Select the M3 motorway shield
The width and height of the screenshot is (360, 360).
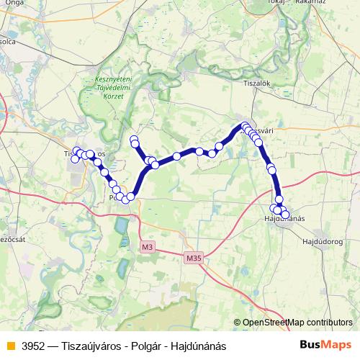148,247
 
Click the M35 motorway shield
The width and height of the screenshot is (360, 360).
194,257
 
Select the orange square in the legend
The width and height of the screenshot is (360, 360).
9,346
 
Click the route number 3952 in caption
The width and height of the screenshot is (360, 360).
34,346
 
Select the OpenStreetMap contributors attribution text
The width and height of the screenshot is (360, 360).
297,323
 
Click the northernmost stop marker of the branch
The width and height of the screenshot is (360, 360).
133,139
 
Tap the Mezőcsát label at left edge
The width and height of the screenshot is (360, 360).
9,238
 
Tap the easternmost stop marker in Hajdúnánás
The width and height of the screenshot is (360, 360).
285,215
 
